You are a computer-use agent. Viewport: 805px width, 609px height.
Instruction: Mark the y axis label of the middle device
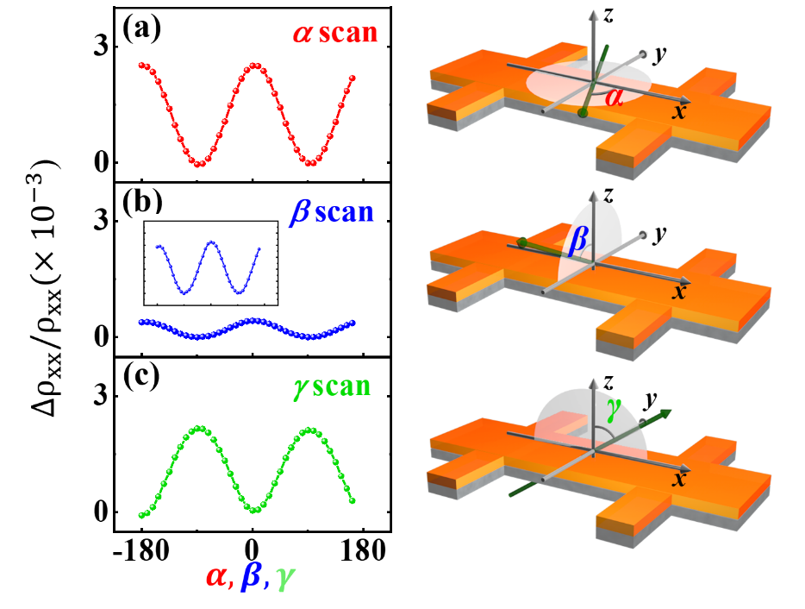click(x=660, y=234)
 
